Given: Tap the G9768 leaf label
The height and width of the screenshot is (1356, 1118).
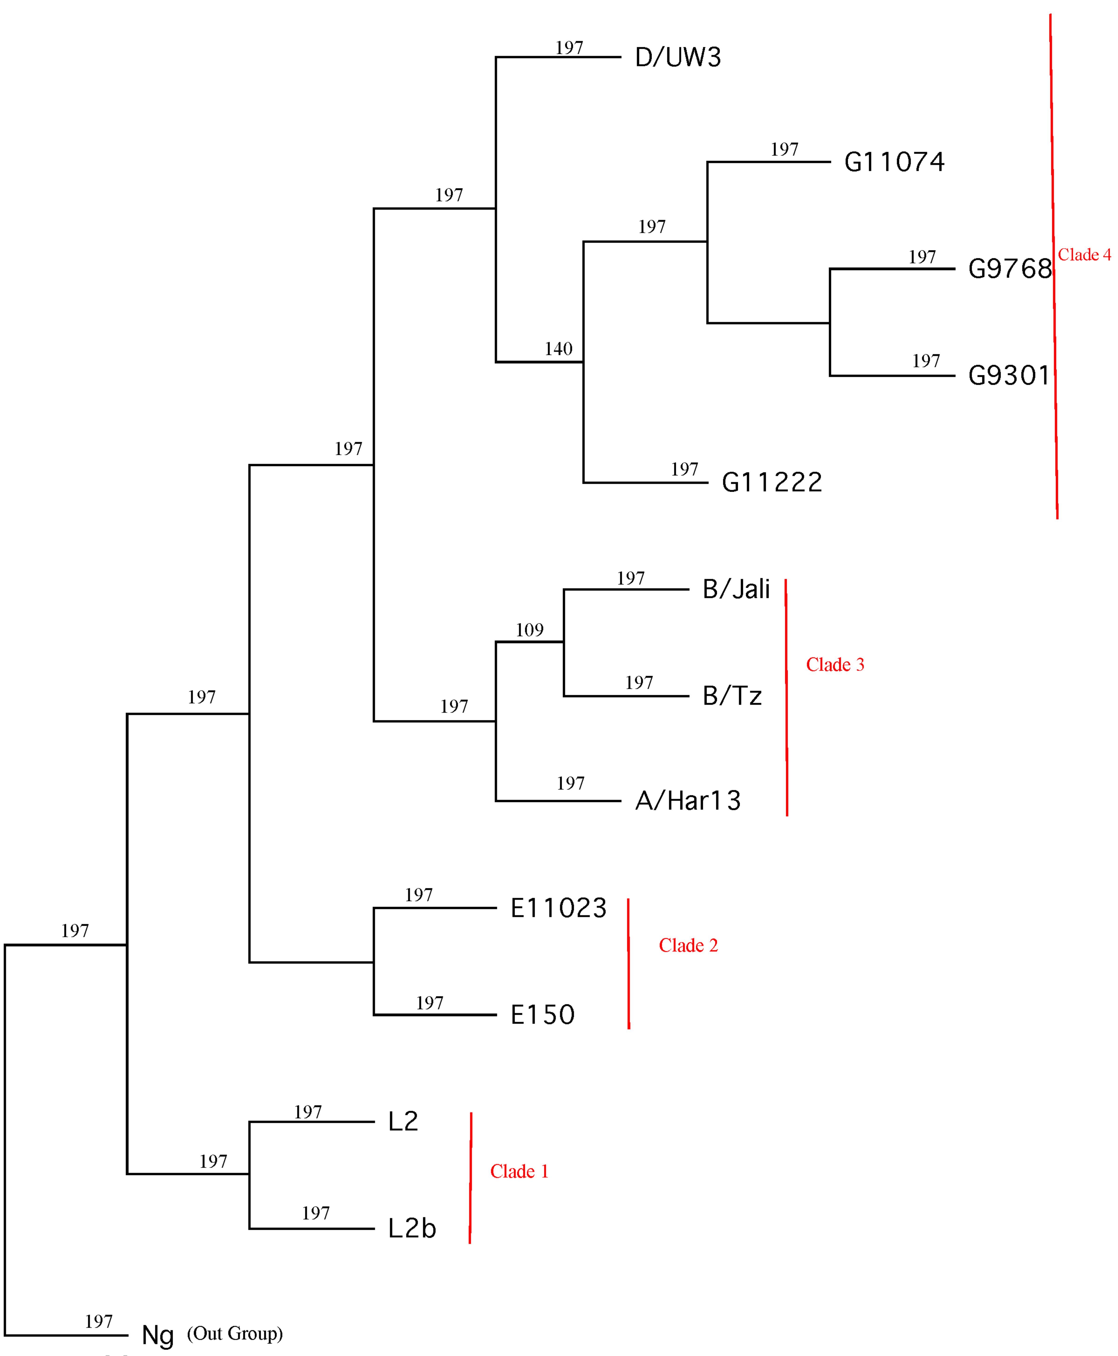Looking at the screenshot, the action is (x=1010, y=269).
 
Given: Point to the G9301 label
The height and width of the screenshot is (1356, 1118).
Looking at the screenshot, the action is (x=1009, y=376).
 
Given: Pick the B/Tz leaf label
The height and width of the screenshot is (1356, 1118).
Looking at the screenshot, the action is (x=732, y=696).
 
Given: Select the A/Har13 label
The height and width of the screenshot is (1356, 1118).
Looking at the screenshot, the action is (x=688, y=801).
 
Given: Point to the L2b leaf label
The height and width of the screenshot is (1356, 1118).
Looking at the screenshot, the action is (x=412, y=1229).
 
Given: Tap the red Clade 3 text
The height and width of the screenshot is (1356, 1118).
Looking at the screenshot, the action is (x=835, y=665).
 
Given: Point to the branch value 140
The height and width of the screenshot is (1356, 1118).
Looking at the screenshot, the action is (x=558, y=349).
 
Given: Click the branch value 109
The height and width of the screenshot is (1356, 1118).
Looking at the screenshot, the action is (x=529, y=630).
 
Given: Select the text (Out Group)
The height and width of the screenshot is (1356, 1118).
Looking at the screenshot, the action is (x=235, y=1333).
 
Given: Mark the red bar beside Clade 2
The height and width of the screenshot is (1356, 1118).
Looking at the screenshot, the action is (x=629, y=964).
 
